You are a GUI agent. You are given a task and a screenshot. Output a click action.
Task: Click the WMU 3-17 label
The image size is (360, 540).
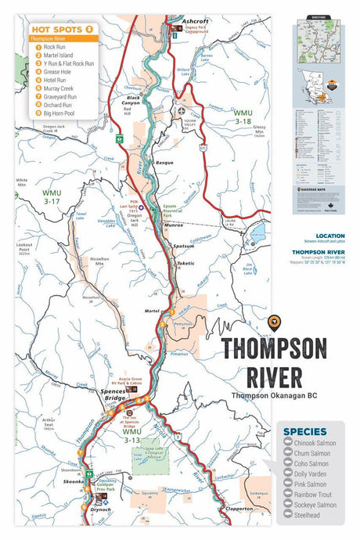point(52,196)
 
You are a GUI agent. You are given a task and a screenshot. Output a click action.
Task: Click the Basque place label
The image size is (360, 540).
point(164,162)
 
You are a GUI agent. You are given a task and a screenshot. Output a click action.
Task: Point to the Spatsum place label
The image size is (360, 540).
point(183,245)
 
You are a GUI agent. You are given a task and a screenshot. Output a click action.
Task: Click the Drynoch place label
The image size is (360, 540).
point(101,508)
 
